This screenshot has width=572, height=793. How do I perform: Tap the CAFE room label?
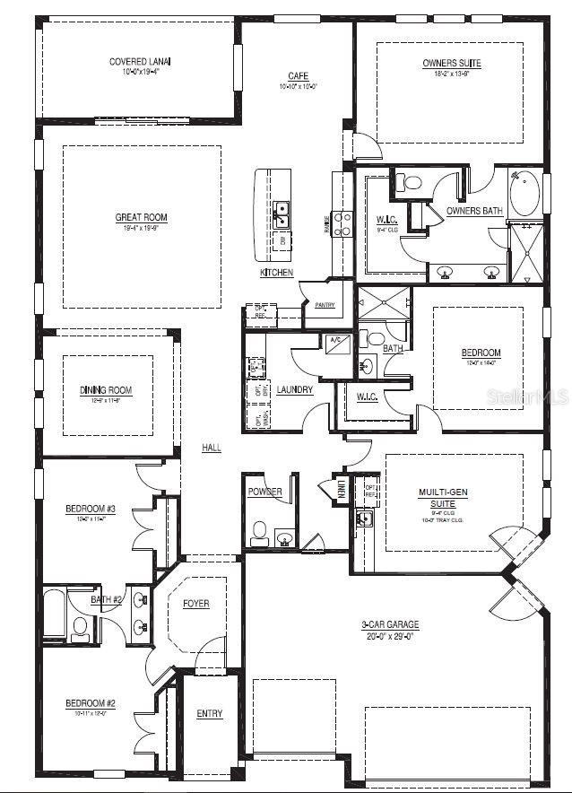coord(299,76)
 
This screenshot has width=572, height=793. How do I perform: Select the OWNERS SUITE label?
coord(451,63)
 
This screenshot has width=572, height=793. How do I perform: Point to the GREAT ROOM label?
coord(141,217)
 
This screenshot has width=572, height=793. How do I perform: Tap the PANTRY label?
coord(325,306)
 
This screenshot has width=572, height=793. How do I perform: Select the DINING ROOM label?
coord(106,389)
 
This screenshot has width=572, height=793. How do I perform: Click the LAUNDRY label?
coord(294,389)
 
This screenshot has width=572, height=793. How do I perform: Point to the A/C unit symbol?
coord(335,341)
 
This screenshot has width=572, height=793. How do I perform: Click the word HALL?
coord(212,447)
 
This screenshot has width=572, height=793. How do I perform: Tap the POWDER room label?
coord(265,492)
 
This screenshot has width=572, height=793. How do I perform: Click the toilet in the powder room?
coord(258,533)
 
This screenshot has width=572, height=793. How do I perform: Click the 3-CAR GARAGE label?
coord(391,624)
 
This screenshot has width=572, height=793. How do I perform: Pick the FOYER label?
coord(195,603)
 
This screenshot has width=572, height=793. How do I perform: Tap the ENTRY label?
coord(209,714)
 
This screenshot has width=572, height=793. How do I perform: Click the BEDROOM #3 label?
coord(90,510)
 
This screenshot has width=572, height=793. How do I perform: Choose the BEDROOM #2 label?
coord(90,703)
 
